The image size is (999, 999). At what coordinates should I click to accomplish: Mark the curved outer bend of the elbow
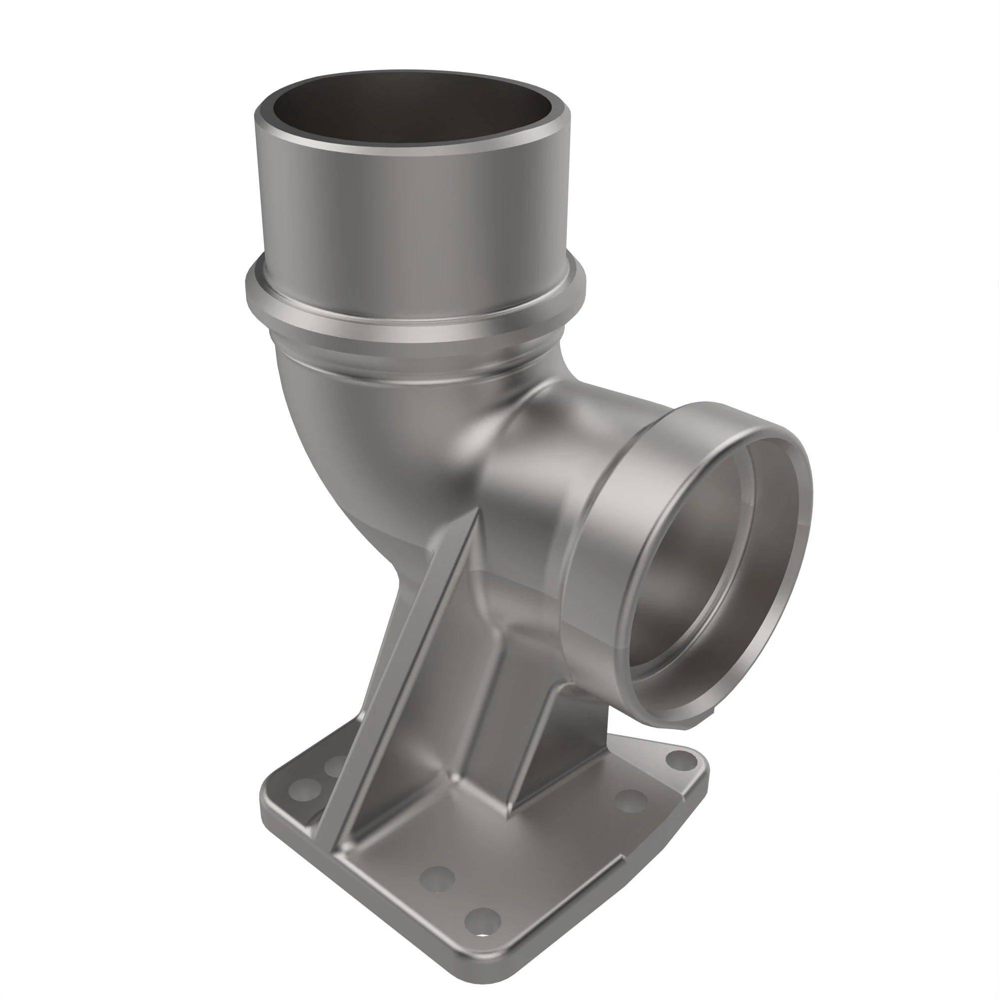tap(331, 455)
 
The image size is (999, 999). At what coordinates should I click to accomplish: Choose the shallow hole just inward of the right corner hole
tap(631, 801)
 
